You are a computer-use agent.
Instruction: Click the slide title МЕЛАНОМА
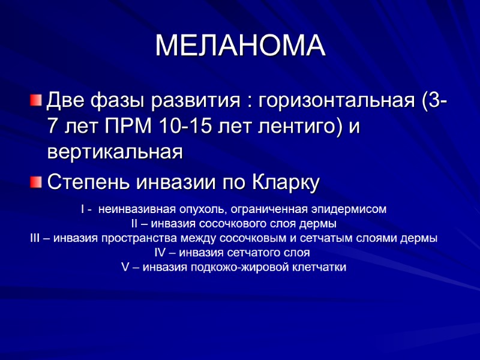click(x=240, y=46)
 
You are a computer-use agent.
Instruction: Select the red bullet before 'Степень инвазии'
click(x=37, y=181)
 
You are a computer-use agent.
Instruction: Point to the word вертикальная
click(x=115, y=152)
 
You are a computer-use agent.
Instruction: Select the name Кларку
click(x=284, y=181)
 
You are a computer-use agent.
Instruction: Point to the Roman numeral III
click(x=35, y=238)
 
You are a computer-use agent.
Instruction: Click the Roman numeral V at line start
click(x=125, y=267)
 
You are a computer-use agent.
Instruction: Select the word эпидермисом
click(x=355, y=210)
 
